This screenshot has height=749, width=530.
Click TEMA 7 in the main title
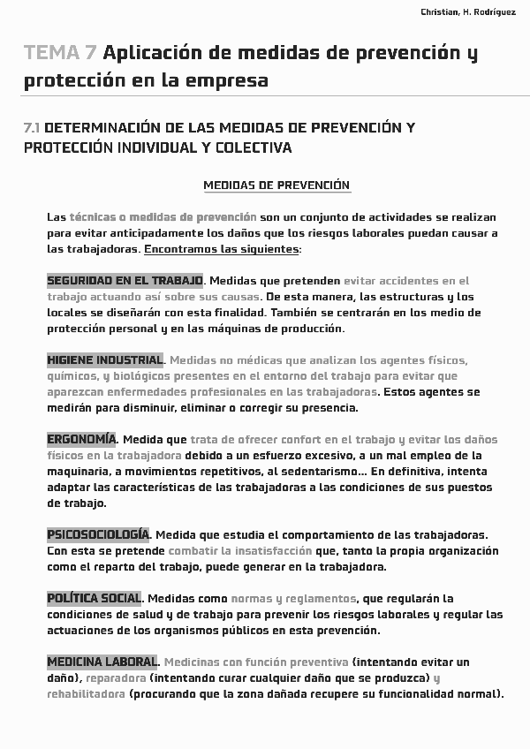(61, 53)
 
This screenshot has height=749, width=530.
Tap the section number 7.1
(33, 128)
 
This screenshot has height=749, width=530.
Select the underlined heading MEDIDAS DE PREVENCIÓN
(276, 185)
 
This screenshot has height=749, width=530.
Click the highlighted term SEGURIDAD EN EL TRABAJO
(125, 281)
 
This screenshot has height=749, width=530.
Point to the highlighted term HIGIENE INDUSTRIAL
(104, 360)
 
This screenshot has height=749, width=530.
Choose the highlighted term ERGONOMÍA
(81, 440)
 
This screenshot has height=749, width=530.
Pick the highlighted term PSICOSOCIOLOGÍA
(98, 535)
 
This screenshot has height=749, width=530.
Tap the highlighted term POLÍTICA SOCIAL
(94, 599)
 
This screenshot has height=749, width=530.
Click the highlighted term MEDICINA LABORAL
(102, 662)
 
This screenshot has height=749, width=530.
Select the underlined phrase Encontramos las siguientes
(222, 249)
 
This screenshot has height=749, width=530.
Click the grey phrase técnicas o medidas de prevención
(163, 217)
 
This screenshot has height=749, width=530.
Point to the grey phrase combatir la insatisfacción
(223, 551)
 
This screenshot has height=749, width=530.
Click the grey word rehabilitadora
(86, 694)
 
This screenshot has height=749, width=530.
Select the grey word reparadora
(117, 678)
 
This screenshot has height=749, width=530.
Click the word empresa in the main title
(224, 81)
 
